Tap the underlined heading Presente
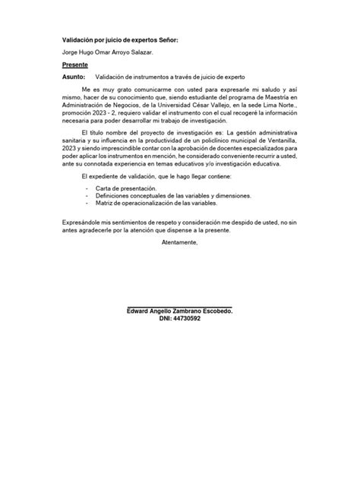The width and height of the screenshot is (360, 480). (75, 65)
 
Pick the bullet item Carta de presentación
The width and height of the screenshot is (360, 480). (125, 187)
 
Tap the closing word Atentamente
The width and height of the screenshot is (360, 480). (179, 242)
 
